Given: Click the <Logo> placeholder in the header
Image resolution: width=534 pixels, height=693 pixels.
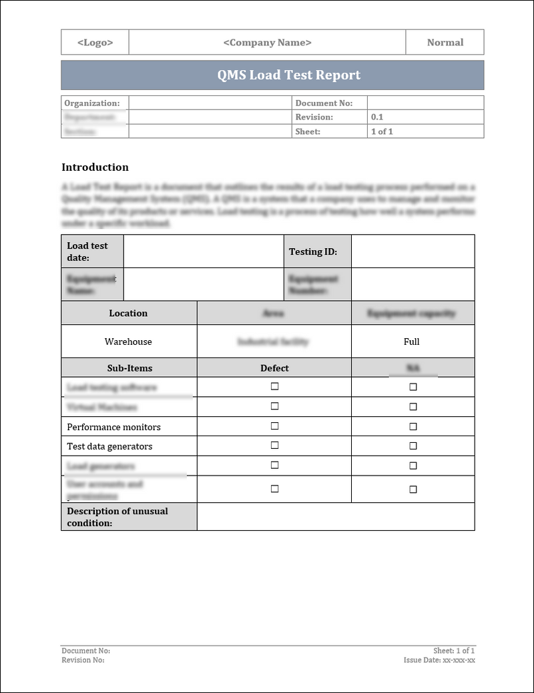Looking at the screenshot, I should tap(95, 42).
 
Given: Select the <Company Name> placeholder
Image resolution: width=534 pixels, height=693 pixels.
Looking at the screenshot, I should tap(267, 42).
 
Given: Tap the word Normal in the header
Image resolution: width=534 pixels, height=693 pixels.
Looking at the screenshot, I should tap(445, 42).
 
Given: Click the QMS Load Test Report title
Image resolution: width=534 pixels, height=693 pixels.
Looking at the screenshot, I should tap(288, 75).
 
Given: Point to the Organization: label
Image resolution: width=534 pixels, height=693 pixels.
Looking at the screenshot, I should tap(92, 103).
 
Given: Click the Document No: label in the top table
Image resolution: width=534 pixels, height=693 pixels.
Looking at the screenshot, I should tap(323, 103).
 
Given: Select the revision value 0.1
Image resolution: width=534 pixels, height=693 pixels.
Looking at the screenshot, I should tap(377, 117).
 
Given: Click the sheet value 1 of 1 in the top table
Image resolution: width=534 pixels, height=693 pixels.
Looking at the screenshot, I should tap(382, 131).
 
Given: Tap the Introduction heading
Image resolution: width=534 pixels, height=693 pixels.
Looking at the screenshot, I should tap(95, 167).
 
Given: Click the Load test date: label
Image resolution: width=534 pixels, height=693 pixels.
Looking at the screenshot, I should tap(87, 251).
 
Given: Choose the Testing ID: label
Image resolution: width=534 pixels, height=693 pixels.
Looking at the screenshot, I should tap(312, 251).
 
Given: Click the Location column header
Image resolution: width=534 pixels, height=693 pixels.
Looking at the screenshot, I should tap(128, 313).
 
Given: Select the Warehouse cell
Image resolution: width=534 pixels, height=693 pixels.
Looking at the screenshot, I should tap(128, 341).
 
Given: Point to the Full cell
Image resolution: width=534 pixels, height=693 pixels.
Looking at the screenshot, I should tap(412, 341).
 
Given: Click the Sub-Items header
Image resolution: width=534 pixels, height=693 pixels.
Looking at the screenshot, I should tap(129, 368).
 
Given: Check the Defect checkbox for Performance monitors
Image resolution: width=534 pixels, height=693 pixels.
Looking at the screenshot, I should tap(274, 426).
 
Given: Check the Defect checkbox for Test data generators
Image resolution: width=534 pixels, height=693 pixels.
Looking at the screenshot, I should tap(274, 445).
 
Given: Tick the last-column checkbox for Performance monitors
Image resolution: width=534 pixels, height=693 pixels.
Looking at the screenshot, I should tap(413, 426).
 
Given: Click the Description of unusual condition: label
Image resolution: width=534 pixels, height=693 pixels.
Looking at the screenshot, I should tap(117, 517).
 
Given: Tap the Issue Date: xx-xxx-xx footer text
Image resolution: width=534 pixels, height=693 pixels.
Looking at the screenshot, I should tap(439, 660).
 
